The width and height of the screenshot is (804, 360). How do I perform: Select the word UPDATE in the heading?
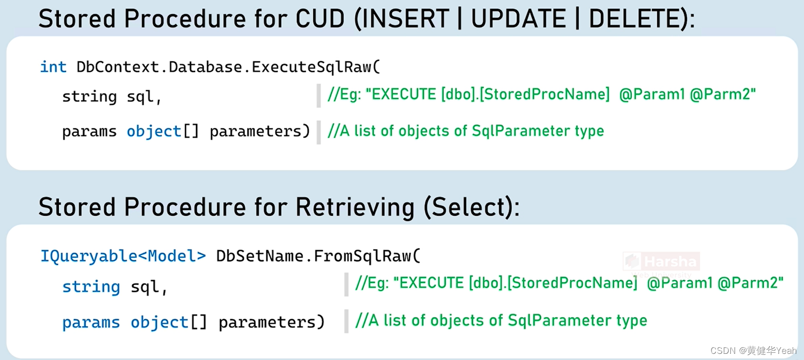pos(518,19)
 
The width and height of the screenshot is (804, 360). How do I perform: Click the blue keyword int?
pos(53,67)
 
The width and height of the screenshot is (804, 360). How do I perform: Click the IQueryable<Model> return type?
pos(123,256)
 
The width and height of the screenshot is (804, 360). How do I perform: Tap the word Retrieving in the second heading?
pos(355,208)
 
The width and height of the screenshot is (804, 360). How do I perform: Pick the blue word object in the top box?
pos(154,131)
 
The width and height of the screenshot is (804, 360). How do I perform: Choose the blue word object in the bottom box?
pos(159,322)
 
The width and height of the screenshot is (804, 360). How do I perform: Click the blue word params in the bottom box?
pos(91,322)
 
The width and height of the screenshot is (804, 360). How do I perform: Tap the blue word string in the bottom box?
pos(91,286)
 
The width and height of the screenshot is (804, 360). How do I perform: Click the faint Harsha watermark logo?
pos(661,262)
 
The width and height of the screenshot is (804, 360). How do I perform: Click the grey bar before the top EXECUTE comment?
pos(318,96)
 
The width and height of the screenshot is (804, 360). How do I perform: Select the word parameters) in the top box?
pos(260,131)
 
